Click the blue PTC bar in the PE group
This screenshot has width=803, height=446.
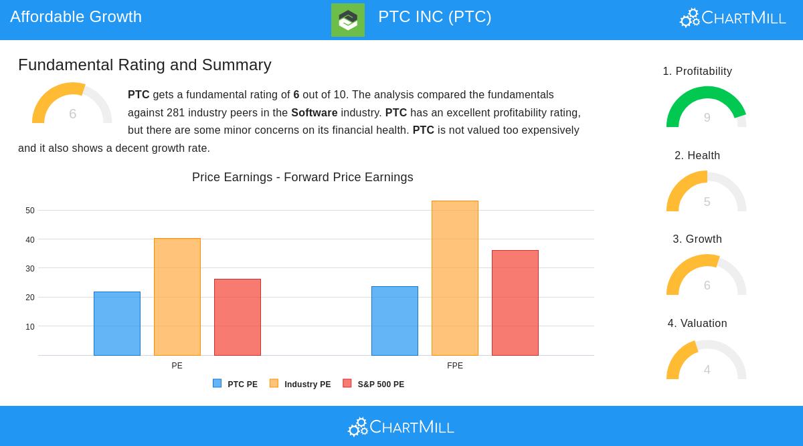point(117,324)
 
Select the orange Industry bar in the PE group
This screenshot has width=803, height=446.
point(177,297)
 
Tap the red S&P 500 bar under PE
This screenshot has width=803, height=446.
point(238,317)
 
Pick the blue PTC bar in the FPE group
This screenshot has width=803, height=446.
point(395,321)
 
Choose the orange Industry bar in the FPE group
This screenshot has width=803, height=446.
point(455,278)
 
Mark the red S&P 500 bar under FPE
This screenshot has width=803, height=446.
point(515,303)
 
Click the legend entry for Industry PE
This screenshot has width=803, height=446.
point(300,384)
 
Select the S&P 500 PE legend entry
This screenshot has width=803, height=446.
point(374,384)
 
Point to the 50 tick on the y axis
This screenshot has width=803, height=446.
point(30,211)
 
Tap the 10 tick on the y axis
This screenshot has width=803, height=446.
point(30,327)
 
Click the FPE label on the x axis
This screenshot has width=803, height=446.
point(455,366)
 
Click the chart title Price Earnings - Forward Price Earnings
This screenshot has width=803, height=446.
point(302,177)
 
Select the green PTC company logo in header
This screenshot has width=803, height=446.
point(348,20)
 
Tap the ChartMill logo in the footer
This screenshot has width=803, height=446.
point(401,427)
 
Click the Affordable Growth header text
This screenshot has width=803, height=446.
point(76,17)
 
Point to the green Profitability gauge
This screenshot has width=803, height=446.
point(707,107)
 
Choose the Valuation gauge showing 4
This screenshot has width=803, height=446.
point(707,361)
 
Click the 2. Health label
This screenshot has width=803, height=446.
point(697,156)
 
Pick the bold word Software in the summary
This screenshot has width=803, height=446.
point(314,113)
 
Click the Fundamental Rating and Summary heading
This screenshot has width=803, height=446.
point(145,65)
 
